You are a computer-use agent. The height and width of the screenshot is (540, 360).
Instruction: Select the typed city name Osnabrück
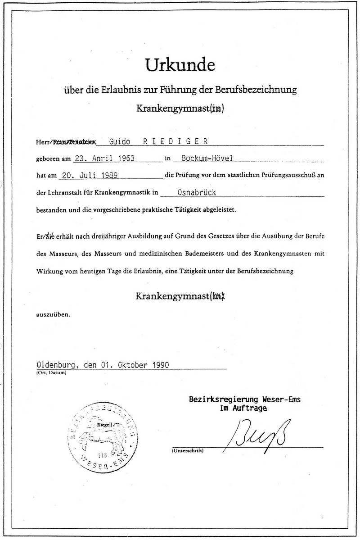coord(197,192)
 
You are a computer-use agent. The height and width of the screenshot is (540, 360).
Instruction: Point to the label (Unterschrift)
coord(188,450)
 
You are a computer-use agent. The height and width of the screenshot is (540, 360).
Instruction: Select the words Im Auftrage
coord(243,408)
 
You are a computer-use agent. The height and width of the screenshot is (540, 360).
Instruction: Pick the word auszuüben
coord(53,315)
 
